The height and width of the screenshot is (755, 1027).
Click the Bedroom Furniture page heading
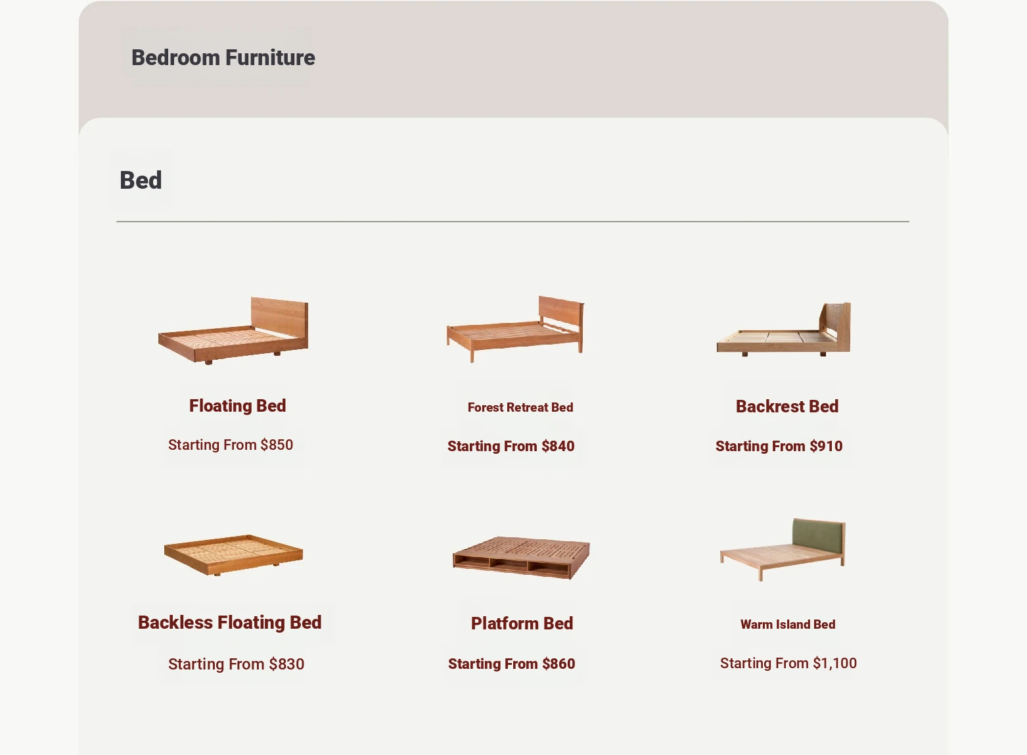click(223, 58)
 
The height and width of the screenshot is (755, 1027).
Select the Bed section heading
click(141, 180)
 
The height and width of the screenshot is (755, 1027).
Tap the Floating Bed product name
click(237, 406)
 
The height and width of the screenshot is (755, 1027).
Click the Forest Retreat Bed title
click(520, 407)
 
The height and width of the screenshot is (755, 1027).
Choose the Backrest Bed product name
click(787, 406)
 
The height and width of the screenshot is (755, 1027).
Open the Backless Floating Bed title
click(230, 622)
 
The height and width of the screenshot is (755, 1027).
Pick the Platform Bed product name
click(522, 623)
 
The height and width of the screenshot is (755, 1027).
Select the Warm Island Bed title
click(788, 624)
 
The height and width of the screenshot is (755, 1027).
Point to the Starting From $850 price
click(231, 445)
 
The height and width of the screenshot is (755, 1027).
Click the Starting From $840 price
click(511, 446)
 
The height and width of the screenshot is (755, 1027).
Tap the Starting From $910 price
click(779, 446)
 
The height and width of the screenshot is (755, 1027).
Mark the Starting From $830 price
click(236, 664)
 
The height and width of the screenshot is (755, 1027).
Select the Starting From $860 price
click(512, 664)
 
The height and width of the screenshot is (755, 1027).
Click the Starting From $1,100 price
click(788, 663)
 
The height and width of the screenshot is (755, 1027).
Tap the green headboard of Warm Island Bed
click(817, 536)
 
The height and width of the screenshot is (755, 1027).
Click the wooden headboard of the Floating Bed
click(280, 318)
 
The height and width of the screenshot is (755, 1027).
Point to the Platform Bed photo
click(521, 558)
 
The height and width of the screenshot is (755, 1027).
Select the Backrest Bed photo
click(783, 329)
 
